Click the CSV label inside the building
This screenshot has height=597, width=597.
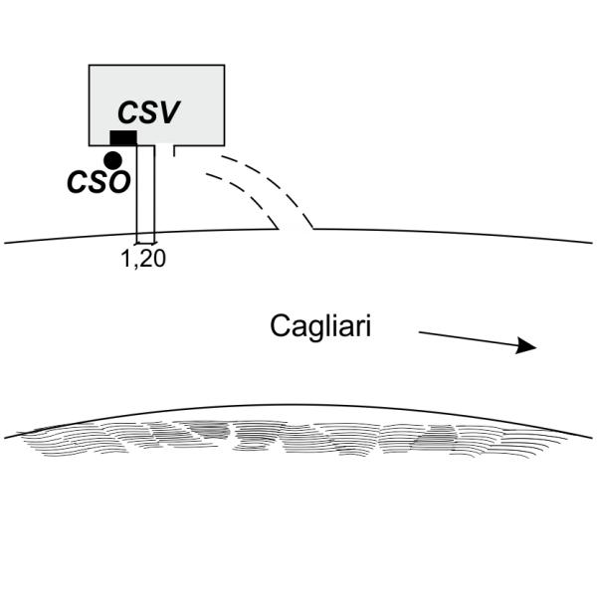click(x=148, y=111)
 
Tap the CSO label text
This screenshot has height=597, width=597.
click(x=98, y=182)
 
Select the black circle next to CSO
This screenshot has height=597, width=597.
click(x=112, y=159)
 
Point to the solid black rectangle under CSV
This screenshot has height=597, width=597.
click(x=123, y=137)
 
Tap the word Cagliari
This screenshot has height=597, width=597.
click(x=320, y=326)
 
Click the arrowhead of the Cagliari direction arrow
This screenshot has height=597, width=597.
click(x=526, y=346)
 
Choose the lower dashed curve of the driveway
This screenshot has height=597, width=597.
click(x=244, y=197)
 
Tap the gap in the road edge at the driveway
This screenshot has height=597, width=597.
click(x=295, y=229)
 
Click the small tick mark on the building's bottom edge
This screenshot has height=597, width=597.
click(x=174, y=150)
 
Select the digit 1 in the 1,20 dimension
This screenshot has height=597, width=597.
click(x=124, y=260)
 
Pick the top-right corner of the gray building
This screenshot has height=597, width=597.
click(x=224, y=66)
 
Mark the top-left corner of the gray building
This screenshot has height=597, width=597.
click(x=90, y=66)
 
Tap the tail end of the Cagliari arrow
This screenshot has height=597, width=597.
click(x=420, y=332)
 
